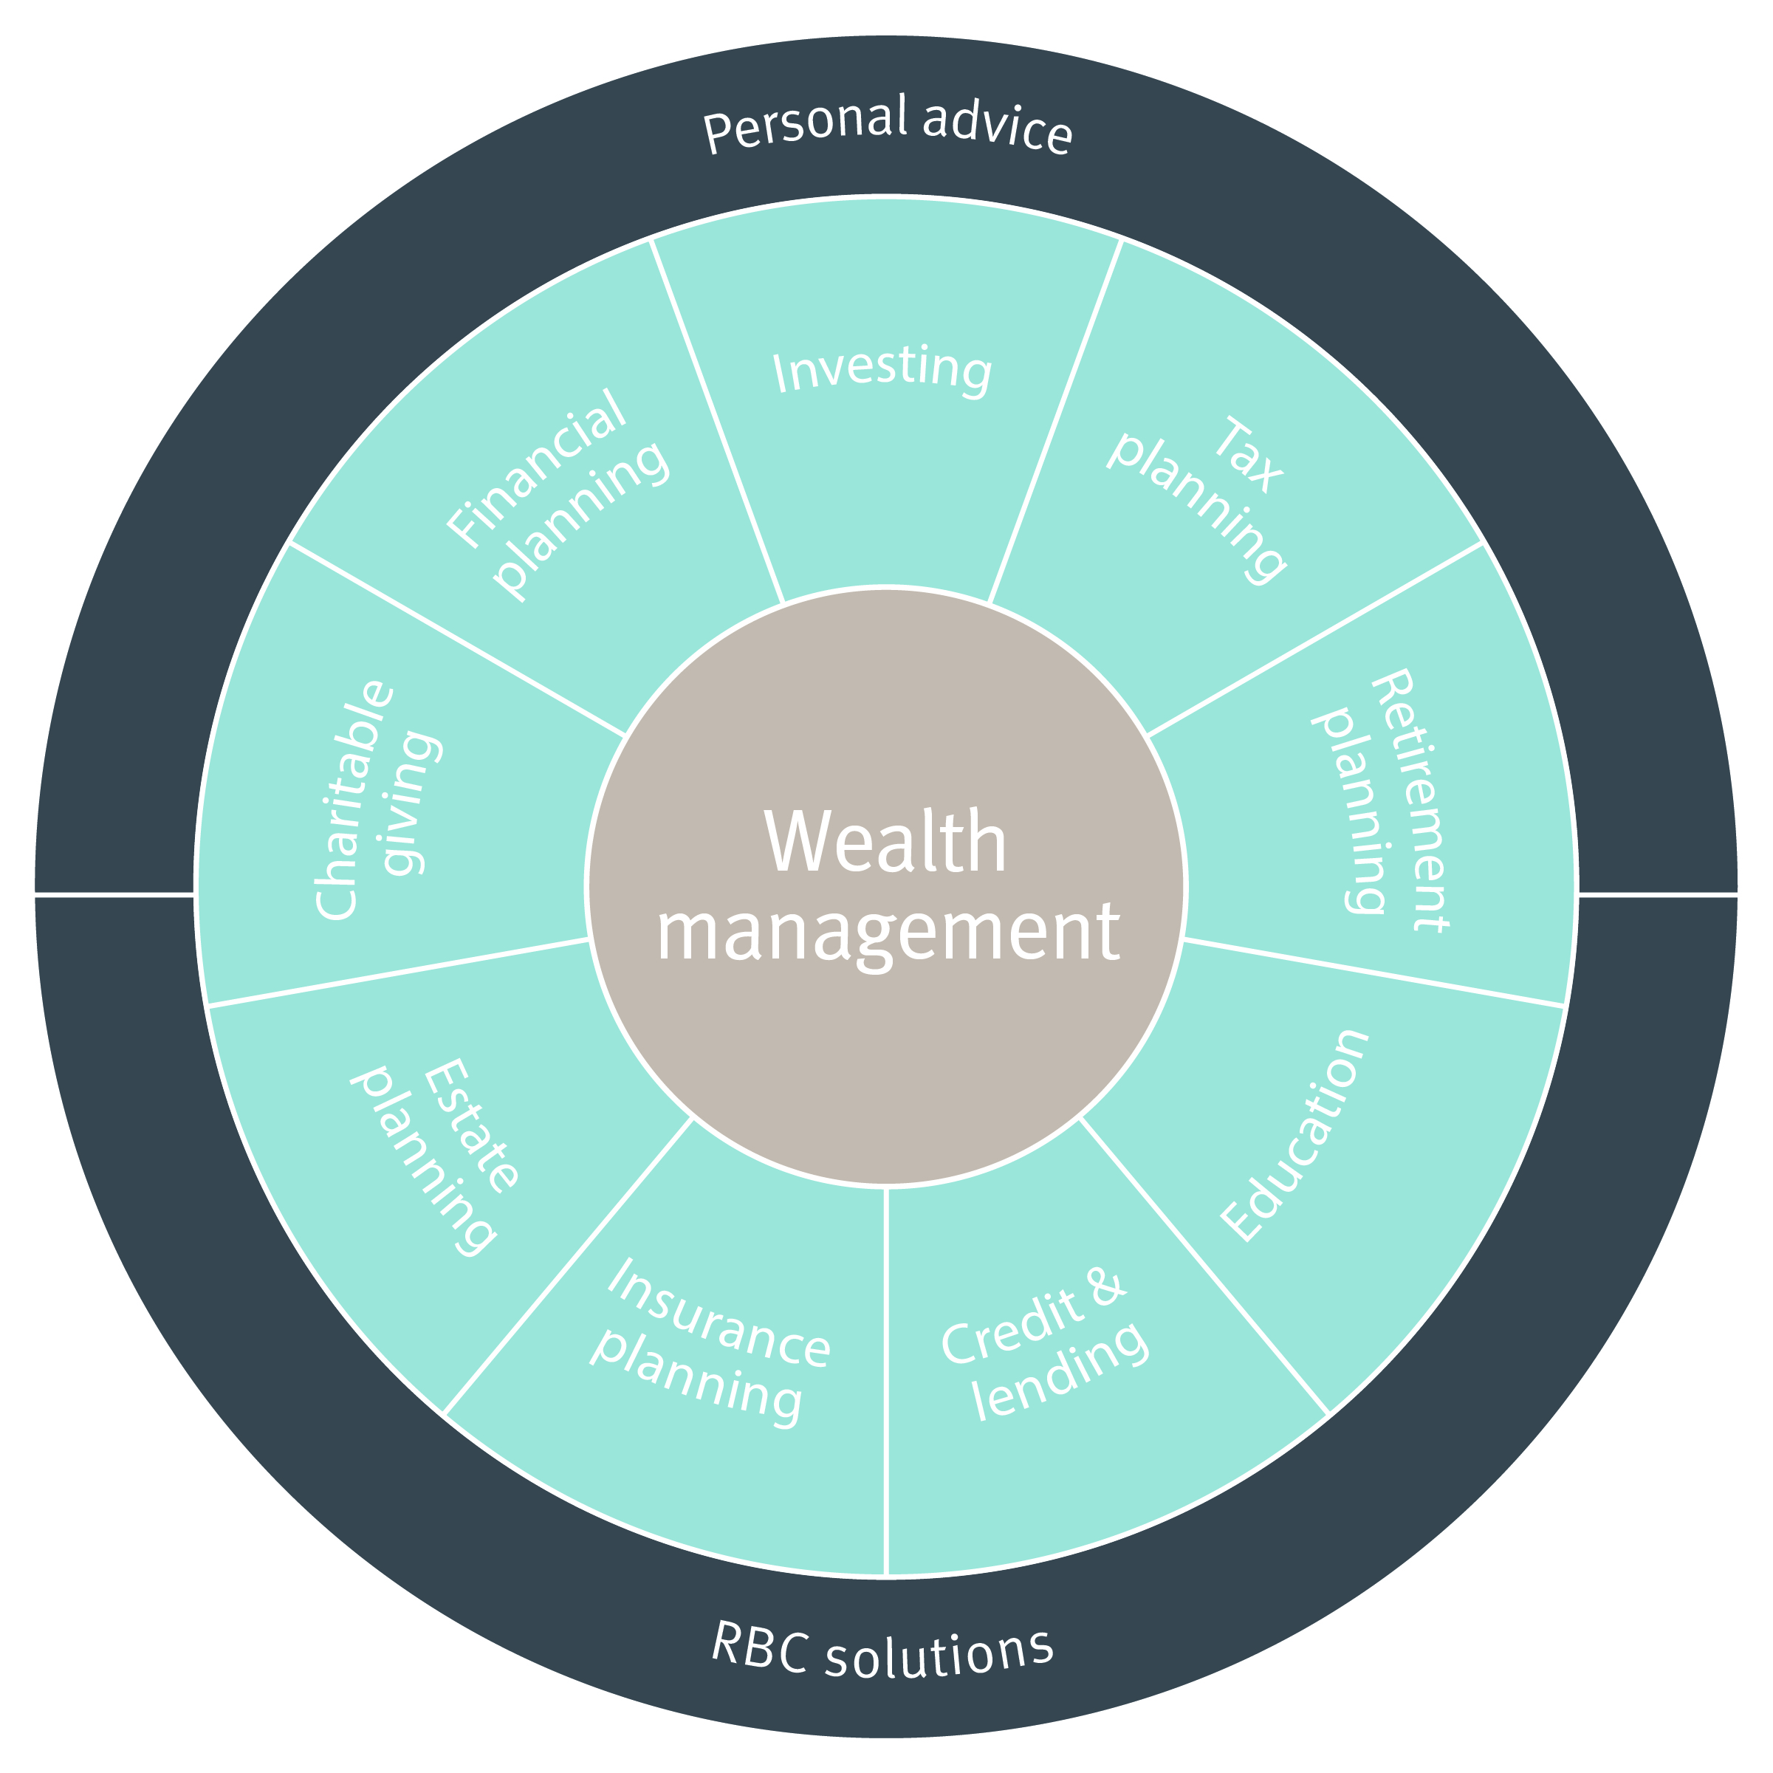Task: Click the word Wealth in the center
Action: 885,842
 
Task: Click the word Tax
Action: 1247,454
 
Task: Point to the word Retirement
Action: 1409,800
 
